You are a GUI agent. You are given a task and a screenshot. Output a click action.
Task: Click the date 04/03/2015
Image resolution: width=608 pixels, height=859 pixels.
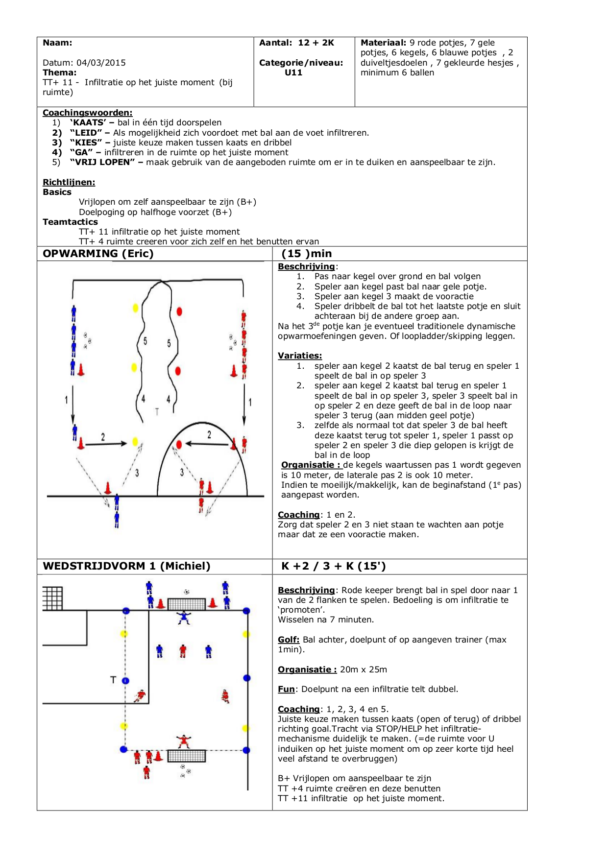tap(101, 63)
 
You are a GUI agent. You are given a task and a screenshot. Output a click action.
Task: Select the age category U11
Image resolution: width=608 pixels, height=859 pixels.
tap(293, 72)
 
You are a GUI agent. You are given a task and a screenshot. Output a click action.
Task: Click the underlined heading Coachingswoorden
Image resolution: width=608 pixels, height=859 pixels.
tap(87, 113)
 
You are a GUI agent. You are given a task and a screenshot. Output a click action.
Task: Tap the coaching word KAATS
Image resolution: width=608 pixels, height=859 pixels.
tap(89, 122)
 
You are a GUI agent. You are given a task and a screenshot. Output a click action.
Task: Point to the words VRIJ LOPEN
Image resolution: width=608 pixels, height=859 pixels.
tap(102, 162)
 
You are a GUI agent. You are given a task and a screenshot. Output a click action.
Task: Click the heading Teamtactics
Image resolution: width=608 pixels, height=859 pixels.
tap(70, 222)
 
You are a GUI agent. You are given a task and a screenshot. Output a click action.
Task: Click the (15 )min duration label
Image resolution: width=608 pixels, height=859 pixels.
tap(307, 254)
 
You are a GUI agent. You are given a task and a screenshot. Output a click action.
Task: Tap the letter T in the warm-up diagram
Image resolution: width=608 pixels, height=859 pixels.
tap(157, 412)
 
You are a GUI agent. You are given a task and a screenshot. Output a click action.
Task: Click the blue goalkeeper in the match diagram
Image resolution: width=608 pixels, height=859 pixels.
tap(184, 617)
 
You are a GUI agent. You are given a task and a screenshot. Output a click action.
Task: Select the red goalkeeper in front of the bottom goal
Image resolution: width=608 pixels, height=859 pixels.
tap(184, 741)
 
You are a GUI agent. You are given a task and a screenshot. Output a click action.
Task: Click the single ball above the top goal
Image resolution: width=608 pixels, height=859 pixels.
tap(186, 592)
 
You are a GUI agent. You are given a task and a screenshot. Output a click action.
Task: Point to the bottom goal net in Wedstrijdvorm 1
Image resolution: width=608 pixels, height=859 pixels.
tap(186, 756)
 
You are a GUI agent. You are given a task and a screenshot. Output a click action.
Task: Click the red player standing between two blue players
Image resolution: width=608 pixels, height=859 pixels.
tap(183, 651)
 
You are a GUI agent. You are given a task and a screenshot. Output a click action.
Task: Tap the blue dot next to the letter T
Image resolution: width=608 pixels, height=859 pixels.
tap(125, 681)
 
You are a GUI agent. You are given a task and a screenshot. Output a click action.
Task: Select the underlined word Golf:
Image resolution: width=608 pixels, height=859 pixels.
tap(289, 640)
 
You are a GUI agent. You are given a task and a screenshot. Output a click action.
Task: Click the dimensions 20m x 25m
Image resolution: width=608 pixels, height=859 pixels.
tap(364, 669)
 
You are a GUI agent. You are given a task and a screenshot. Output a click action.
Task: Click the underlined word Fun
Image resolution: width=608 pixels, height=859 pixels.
tap(286, 689)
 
